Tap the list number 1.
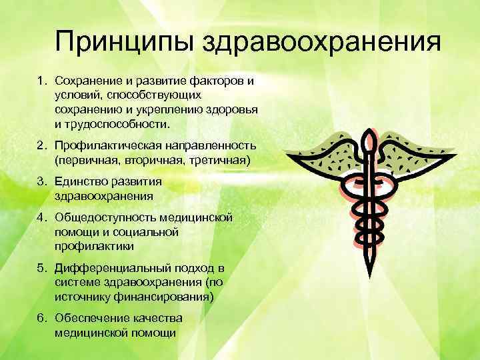(40, 81)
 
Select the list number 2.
(40, 145)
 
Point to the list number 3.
(40, 181)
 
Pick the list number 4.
(40, 217)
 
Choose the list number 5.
(40, 268)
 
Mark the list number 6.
(40, 318)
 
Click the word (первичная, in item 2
(85, 160)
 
